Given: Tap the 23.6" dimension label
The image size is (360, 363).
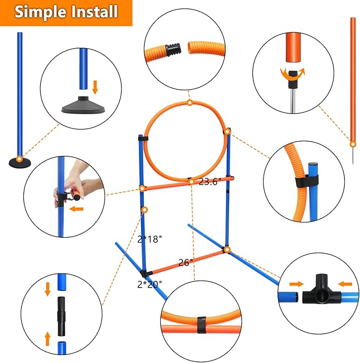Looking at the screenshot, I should (210, 181).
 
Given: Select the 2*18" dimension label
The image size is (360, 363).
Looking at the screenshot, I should (149, 239).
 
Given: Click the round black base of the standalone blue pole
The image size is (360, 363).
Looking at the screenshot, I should (19, 162).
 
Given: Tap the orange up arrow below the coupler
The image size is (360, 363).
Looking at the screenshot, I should (47, 337).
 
